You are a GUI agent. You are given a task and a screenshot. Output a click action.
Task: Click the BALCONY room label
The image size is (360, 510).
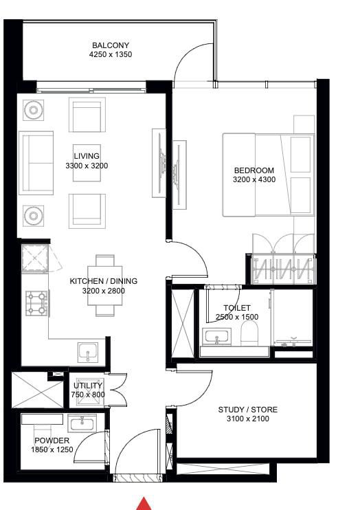(111, 45)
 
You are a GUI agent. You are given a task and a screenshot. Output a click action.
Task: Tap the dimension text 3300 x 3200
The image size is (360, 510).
(87, 166)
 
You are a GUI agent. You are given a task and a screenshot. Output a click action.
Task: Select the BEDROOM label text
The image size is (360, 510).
(254, 170)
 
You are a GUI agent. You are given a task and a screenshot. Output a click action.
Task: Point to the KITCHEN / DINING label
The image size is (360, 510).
(104, 281)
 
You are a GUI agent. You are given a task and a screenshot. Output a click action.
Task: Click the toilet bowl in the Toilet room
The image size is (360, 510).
(249, 333)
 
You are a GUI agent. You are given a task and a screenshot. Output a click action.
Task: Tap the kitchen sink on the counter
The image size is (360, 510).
(88, 352)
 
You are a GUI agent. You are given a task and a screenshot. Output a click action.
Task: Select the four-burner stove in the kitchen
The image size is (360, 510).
(37, 303)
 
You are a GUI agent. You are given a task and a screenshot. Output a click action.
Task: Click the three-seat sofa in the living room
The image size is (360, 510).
(36, 163)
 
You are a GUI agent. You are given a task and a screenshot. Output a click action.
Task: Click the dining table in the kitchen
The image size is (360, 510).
(104, 285)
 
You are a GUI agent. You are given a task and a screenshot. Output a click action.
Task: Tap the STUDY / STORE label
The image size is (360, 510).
(248, 410)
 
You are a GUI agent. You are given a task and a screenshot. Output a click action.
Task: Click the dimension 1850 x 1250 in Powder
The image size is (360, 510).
(52, 450)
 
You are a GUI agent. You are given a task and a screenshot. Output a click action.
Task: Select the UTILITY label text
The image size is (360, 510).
(88, 386)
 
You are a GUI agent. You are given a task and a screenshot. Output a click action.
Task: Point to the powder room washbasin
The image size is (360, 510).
(82, 423)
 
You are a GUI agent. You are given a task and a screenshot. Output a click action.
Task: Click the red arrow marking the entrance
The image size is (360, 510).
(144, 504)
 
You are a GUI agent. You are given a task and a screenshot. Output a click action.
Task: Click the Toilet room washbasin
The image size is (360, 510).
(216, 337)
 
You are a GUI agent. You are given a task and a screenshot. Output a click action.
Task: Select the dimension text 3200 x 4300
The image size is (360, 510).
(254, 179)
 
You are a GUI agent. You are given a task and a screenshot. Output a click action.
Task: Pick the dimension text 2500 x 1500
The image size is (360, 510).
(237, 317)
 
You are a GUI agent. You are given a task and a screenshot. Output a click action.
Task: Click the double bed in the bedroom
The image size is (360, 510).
(269, 175)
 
